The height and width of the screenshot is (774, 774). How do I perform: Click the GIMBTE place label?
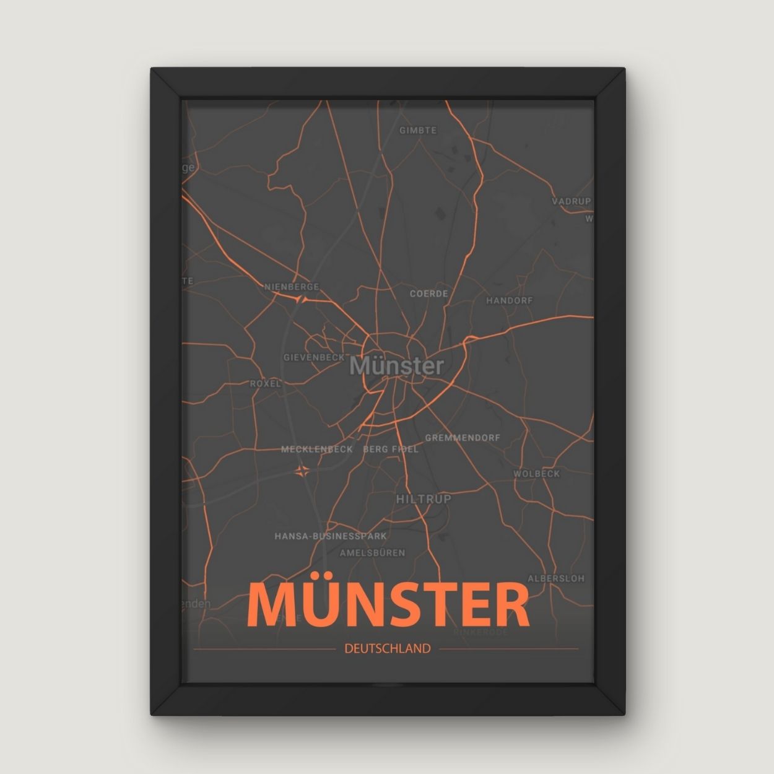[x=418, y=131]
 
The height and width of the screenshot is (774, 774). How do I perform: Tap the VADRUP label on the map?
[x=571, y=201]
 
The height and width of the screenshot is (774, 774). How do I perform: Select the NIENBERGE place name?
[x=292, y=287]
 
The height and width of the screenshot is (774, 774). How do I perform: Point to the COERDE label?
[x=428, y=294]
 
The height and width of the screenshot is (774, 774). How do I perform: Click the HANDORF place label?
[x=509, y=300]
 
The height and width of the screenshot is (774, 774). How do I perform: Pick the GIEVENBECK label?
[x=314, y=357]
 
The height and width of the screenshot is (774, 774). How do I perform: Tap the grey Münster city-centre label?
[x=396, y=366]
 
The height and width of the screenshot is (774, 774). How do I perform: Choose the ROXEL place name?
[x=266, y=383]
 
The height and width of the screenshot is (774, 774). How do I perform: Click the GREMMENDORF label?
[x=463, y=438]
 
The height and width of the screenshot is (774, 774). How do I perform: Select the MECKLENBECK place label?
[x=317, y=450]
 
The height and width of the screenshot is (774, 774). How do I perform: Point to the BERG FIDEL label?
[x=391, y=450]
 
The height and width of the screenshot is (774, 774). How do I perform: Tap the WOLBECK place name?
[x=536, y=474]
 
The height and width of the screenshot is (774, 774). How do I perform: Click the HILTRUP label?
[x=424, y=498]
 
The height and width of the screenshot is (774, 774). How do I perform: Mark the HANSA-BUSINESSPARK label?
[x=331, y=536]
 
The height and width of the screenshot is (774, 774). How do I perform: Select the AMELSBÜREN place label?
[x=373, y=552]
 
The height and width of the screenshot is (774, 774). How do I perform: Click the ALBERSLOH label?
[x=555, y=578]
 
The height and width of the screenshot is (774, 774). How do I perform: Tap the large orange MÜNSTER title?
[x=388, y=604]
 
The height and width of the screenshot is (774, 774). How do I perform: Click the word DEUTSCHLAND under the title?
[x=387, y=649]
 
